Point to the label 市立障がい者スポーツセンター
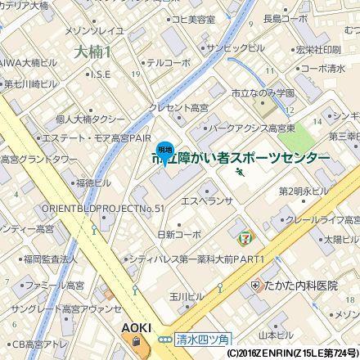click(x=241, y=157)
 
